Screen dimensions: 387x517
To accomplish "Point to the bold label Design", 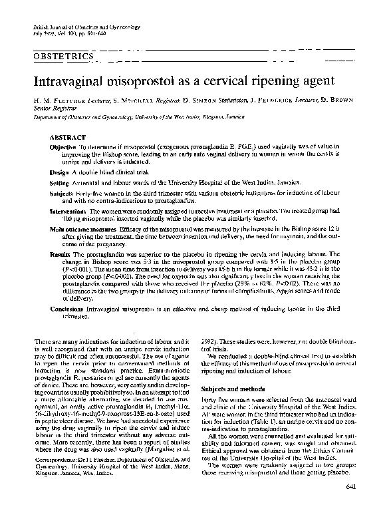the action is tap(59, 172).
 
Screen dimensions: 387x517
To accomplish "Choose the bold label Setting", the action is tap(60, 181).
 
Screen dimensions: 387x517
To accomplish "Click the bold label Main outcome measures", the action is tap(78, 230).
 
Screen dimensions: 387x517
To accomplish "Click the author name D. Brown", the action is tap(338, 106).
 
